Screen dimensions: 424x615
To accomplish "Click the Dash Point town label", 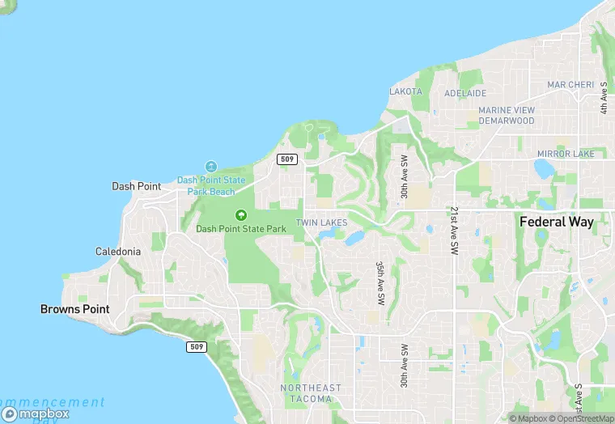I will tap(136, 186).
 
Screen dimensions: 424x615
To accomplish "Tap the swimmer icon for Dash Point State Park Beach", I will tap(211, 167).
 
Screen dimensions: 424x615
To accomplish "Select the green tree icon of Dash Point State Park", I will tap(240, 215).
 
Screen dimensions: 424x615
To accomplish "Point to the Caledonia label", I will tap(118, 252).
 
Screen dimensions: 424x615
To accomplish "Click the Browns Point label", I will tap(74, 309).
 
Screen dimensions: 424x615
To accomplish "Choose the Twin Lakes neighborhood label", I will tap(321, 223).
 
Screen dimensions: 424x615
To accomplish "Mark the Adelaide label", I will tap(465, 94).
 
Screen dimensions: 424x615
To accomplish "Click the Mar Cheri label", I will tap(570, 85).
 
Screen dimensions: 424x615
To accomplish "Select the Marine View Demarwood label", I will tap(507, 116).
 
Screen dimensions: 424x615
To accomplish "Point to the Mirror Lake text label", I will tap(566, 154).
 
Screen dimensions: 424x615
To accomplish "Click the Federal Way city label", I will tap(557, 222).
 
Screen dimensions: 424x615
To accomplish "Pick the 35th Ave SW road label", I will tap(380, 282).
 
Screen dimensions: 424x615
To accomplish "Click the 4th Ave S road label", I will tap(604, 96).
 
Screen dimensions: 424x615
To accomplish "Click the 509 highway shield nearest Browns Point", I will tap(197, 347).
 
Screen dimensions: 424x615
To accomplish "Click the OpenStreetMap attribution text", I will tap(581, 418).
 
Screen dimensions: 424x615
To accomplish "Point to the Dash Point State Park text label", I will tap(241, 229).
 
